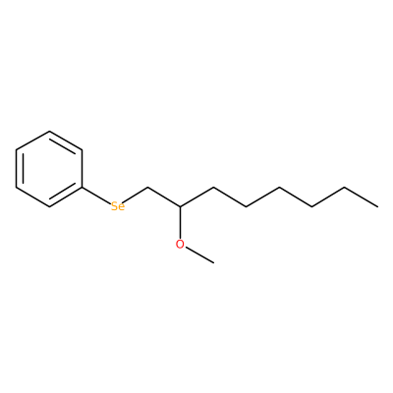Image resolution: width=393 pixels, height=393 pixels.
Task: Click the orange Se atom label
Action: click(x=118, y=206)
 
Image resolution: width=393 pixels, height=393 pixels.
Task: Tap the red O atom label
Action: click(x=180, y=245)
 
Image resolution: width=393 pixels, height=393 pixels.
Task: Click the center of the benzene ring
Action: click(x=49, y=169)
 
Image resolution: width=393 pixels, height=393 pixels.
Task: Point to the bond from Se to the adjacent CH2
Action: click(x=137, y=196)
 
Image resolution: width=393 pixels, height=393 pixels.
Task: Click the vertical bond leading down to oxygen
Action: click(x=180, y=223)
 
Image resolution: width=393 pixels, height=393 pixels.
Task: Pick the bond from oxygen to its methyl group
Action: click(x=199, y=255)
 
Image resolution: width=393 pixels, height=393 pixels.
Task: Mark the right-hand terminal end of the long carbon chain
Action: click(x=377, y=206)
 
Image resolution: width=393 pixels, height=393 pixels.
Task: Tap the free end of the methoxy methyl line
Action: click(x=213, y=263)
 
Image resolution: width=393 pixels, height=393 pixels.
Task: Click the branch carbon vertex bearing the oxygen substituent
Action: click(x=180, y=206)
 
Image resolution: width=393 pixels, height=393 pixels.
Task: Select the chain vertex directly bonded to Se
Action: click(x=147, y=188)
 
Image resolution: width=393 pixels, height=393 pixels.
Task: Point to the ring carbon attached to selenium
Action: click(x=82, y=188)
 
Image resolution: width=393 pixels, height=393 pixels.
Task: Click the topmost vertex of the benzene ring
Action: click(x=49, y=132)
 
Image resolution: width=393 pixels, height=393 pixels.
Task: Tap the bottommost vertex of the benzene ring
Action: click(x=49, y=206)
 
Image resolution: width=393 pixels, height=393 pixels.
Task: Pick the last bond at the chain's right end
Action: click(x=361, y=197)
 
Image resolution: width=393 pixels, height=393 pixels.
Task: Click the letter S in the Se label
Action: click(x=115, y=206)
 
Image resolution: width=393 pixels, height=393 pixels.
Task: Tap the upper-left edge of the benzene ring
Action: click(x=32, y=140)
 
